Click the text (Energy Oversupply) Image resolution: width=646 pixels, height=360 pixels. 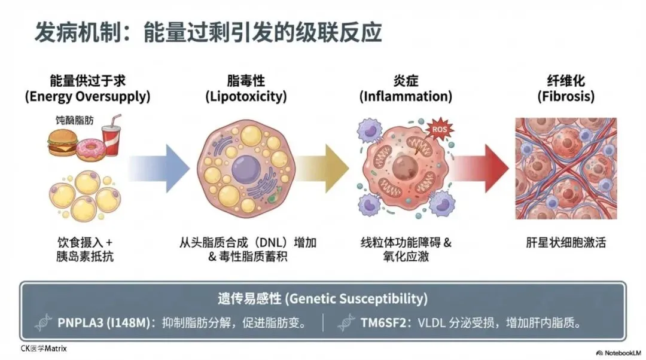click(87, 96)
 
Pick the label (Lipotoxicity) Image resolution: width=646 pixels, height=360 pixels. click(246, 96)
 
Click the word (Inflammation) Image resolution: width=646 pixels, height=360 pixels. click(405, 96)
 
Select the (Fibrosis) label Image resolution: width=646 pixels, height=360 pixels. click(566, 96)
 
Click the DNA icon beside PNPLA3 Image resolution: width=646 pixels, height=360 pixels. click(43, 323)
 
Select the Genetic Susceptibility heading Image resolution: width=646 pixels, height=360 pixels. click(322, 298)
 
